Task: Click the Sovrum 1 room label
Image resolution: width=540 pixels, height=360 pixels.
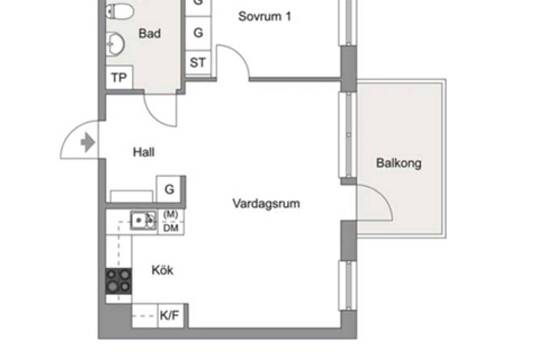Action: click(264, 16)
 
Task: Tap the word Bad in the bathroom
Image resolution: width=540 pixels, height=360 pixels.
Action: click(149, 34)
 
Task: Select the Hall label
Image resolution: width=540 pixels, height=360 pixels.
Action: click(144, 152)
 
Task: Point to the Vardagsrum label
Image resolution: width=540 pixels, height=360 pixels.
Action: click(266, 203)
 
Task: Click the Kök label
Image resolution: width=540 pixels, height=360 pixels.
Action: click(162, 270)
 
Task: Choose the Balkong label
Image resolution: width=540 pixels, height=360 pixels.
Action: click(399, 163)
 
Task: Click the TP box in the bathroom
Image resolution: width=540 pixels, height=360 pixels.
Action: click(119, 78)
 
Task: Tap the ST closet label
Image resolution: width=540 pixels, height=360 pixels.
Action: click(198, 62)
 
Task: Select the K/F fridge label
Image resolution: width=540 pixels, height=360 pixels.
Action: click(169, 316)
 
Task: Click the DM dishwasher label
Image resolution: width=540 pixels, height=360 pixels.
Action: click(171, 228)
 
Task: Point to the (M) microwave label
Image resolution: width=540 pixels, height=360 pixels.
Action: click(170, 215)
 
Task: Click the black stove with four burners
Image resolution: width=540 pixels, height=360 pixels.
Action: click(118, 281)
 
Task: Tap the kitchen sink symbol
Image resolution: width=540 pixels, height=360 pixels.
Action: click(143, 220)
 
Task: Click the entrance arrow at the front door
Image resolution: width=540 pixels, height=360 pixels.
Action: click(88, 142)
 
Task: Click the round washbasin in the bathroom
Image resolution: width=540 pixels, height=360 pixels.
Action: click(115, 44)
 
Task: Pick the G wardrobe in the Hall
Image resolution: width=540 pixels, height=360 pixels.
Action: click(169, 189)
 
